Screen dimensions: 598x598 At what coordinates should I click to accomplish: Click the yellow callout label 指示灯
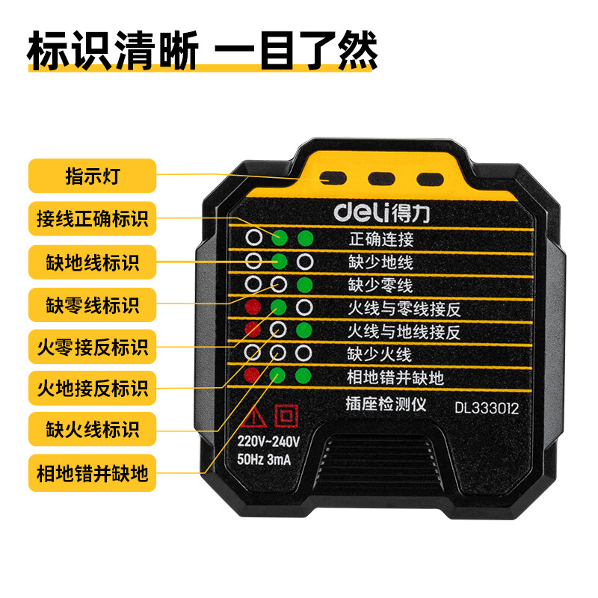[x=92, y=176]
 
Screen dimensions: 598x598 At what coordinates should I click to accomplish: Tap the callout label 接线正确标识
[x=92, y=218]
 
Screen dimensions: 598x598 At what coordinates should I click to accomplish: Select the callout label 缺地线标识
[x=92, y=262]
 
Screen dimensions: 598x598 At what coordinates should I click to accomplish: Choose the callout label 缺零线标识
[x=92, y=305]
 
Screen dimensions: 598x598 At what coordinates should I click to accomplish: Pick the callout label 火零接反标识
[x=92, y=347]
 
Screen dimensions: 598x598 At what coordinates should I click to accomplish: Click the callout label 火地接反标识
[x=92, y=388]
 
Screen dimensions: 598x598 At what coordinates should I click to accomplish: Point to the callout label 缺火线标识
[x=92, y=429]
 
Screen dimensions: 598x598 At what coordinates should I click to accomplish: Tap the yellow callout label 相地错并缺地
[x=92, y=473]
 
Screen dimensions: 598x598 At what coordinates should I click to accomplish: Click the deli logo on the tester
[x=382, y=212]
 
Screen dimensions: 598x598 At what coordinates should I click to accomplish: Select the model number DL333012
[x=487, y=408]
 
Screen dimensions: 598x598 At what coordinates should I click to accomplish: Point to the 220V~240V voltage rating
[x=268, y=441]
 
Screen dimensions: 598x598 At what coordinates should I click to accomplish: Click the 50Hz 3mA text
[x=264, y=459]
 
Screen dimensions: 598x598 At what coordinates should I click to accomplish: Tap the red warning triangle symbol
[x=253, y=416]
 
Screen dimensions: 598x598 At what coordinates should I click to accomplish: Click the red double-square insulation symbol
[x=286, y=416]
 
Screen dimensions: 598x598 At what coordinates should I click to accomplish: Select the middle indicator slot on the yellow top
[x=381, y=179]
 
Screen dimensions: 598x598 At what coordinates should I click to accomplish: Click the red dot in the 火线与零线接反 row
[x=253, y=307]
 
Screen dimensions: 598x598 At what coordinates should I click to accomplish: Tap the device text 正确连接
[x=381, y=239]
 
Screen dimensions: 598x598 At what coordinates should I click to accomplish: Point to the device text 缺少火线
[x=380, y=354]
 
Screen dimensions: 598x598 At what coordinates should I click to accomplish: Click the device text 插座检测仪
[x=386, y=404]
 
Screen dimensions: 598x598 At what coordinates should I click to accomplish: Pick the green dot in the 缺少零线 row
[x=305, y=285]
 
